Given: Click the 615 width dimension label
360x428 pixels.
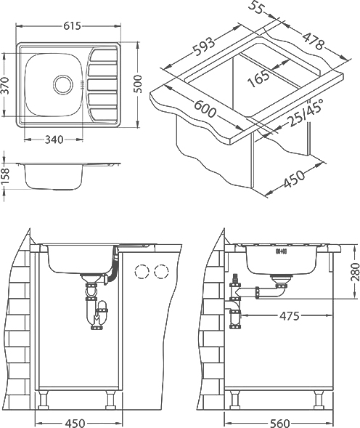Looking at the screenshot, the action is point(73,26).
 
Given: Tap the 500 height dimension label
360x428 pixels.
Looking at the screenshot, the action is point(139,84).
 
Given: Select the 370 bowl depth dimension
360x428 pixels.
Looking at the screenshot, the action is point(6,85).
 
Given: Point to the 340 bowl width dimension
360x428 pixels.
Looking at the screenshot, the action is point(54,140).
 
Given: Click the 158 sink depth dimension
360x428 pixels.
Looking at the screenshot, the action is point(6,177).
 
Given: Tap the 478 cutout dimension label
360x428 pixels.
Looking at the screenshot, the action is point(314,41).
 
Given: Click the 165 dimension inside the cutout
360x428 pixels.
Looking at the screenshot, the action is point(258,78).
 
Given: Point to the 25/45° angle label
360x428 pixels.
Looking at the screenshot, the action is point(306,113).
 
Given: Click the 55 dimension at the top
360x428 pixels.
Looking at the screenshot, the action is point(255,9).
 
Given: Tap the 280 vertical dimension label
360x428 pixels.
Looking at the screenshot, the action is point(356,272).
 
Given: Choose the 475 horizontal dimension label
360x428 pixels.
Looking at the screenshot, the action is point(290,316).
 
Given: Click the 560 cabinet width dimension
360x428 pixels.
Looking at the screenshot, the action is point(279,424).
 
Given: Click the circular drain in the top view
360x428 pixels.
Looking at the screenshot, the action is point(63,84).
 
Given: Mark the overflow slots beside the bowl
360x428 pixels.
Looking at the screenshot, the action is point(82,85).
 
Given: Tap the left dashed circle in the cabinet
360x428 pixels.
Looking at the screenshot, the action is point(142,272).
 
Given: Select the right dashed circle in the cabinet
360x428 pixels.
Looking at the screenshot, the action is point(161,271).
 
